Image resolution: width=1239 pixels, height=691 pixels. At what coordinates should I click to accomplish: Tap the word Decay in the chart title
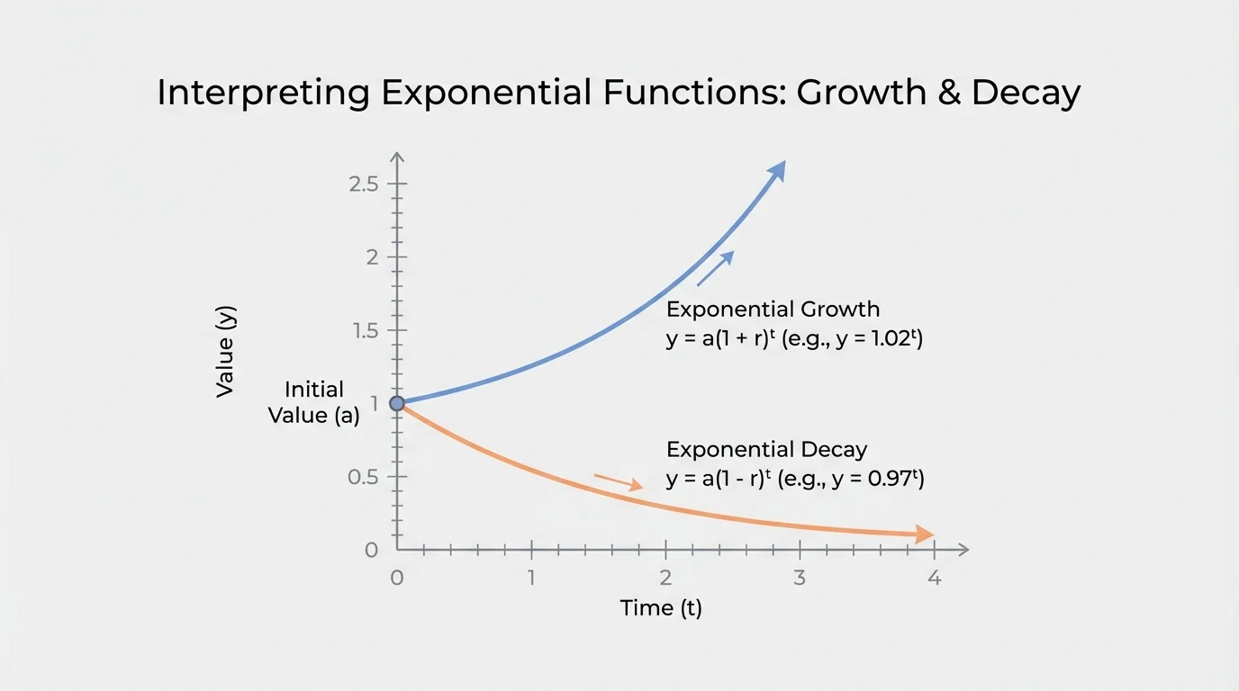point(1026,93)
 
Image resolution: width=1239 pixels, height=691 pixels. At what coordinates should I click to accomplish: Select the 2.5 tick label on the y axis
point(366,184)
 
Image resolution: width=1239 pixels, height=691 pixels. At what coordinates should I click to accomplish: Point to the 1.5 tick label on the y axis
point(366,330)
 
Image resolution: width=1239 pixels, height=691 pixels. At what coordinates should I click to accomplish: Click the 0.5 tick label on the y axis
point(365,477)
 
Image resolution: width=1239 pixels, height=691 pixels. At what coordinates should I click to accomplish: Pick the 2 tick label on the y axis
point(370,257)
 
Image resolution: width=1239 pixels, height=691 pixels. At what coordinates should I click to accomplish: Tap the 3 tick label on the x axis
point(800,578)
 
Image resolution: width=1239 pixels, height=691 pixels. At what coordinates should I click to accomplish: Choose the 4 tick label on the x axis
point(934,578)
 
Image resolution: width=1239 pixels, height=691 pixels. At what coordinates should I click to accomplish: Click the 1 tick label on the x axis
point(531,578)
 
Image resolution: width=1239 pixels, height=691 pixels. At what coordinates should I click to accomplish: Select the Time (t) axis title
point(661,608)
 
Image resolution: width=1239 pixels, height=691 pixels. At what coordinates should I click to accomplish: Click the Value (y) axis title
point(225,352)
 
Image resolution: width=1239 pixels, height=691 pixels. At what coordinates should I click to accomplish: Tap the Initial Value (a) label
point(314,402)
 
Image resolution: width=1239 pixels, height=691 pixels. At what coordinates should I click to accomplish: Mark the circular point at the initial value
point(397,403)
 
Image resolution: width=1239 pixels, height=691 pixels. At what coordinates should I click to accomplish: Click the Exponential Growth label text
point(773,310)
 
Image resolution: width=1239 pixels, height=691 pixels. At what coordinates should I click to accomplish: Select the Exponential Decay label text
point(766,450)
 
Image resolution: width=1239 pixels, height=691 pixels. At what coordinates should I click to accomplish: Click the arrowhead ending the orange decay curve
point(924,534)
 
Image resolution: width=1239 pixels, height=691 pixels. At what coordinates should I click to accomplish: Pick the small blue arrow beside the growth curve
point(716,268)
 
